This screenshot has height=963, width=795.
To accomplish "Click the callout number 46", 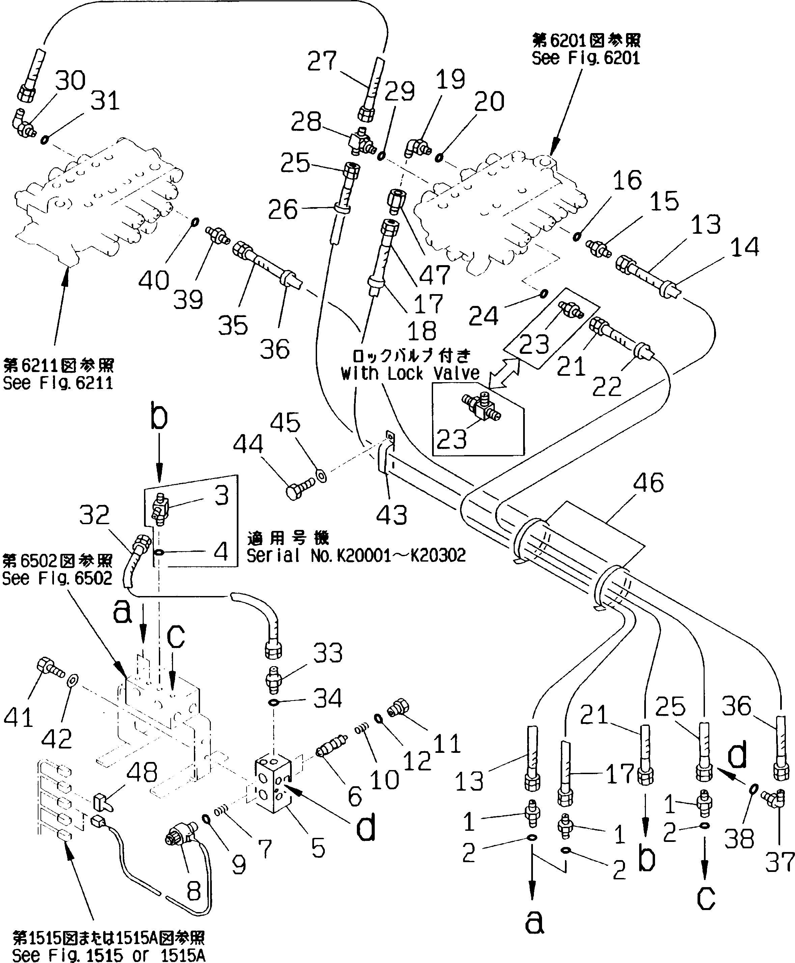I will click(649, 483).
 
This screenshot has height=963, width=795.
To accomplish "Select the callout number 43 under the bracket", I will click(392, 515).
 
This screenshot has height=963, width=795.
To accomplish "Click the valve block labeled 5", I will click(274, 784).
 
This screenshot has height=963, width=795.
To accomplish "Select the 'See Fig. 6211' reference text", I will click(58, 383).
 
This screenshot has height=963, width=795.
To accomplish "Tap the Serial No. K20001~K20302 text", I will click(356, 556).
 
